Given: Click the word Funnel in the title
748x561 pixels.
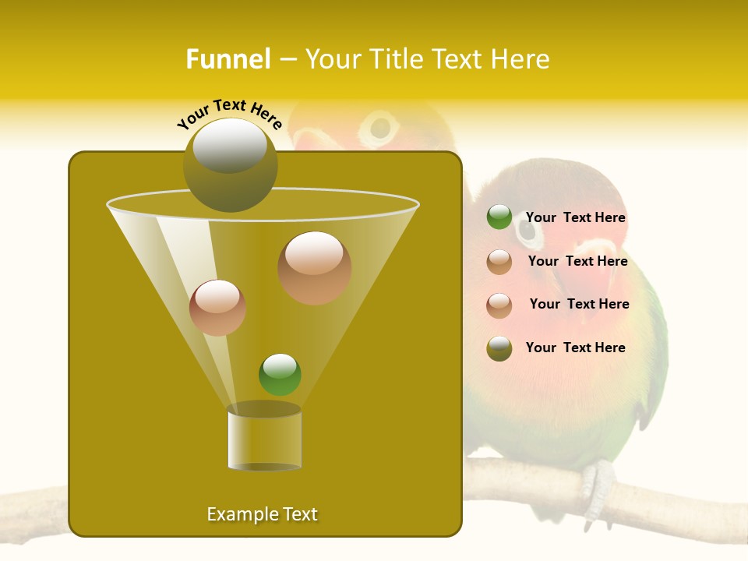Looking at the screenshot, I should click(x=228, y=59).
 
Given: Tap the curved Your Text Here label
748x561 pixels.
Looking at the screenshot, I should click(x=229, y=112).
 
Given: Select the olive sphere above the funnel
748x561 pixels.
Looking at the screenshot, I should click(x=231, y=164).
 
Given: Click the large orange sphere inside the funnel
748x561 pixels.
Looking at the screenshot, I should click(x=314, y=267).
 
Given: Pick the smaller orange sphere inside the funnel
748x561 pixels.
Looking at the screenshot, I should click(x=217, y=307).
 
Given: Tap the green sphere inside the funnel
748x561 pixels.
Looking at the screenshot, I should click(x=280, y=374).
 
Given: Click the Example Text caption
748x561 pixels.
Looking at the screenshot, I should click(x=262, y=514).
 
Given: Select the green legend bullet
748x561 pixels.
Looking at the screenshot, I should click(x=499, y=217).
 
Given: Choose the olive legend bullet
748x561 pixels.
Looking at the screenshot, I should click(x=499, y=348).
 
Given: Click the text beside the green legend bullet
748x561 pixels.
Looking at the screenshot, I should click(x=575, y=217).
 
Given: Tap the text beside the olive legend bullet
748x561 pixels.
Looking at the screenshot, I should click(x=575, y=348).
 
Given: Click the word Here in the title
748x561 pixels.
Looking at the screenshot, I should click(x=520, y=59).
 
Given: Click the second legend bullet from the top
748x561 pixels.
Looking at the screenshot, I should click(x=499, y=262).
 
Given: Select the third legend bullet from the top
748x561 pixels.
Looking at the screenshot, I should click(x=499, y=305).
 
